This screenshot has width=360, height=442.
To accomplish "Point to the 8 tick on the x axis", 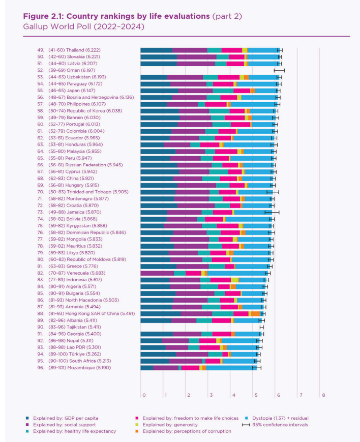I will pyautogui.click(x=323, y=395).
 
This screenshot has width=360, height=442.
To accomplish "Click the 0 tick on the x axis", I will pyautogui.click(x=144, y=395).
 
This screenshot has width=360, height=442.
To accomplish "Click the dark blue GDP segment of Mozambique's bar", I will pyautogui.click(x=146, y=367).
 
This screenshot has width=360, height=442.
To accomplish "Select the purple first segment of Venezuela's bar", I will pyautogui.click(x=157, y=273).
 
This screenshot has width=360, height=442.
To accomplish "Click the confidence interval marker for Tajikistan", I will pyautogui.click(x=262, y=328).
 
